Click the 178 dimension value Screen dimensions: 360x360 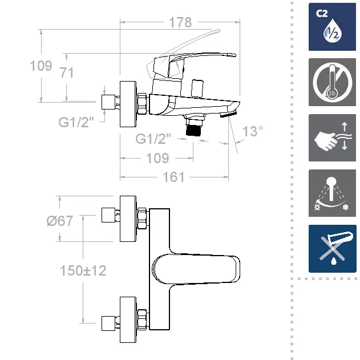coord(180,24)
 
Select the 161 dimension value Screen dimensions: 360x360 coord(173,177)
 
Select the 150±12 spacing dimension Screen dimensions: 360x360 coord(83,270)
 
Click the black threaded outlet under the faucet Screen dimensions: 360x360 coord(196,128)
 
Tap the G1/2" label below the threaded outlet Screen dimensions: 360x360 coord(154,139)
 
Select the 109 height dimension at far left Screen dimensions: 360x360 coord(41,66)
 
